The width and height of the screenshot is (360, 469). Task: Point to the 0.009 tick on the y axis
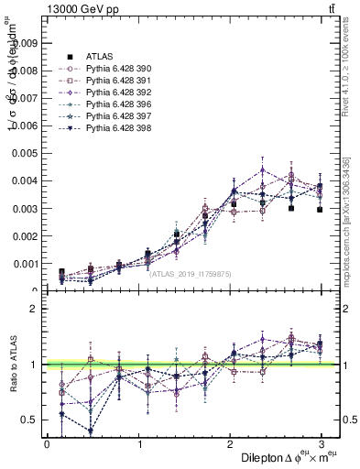click(x=25, y=42)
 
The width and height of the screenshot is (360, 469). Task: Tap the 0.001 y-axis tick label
click(x=25, y=264)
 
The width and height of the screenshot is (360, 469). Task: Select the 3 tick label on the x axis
click(x=322, y=443)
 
